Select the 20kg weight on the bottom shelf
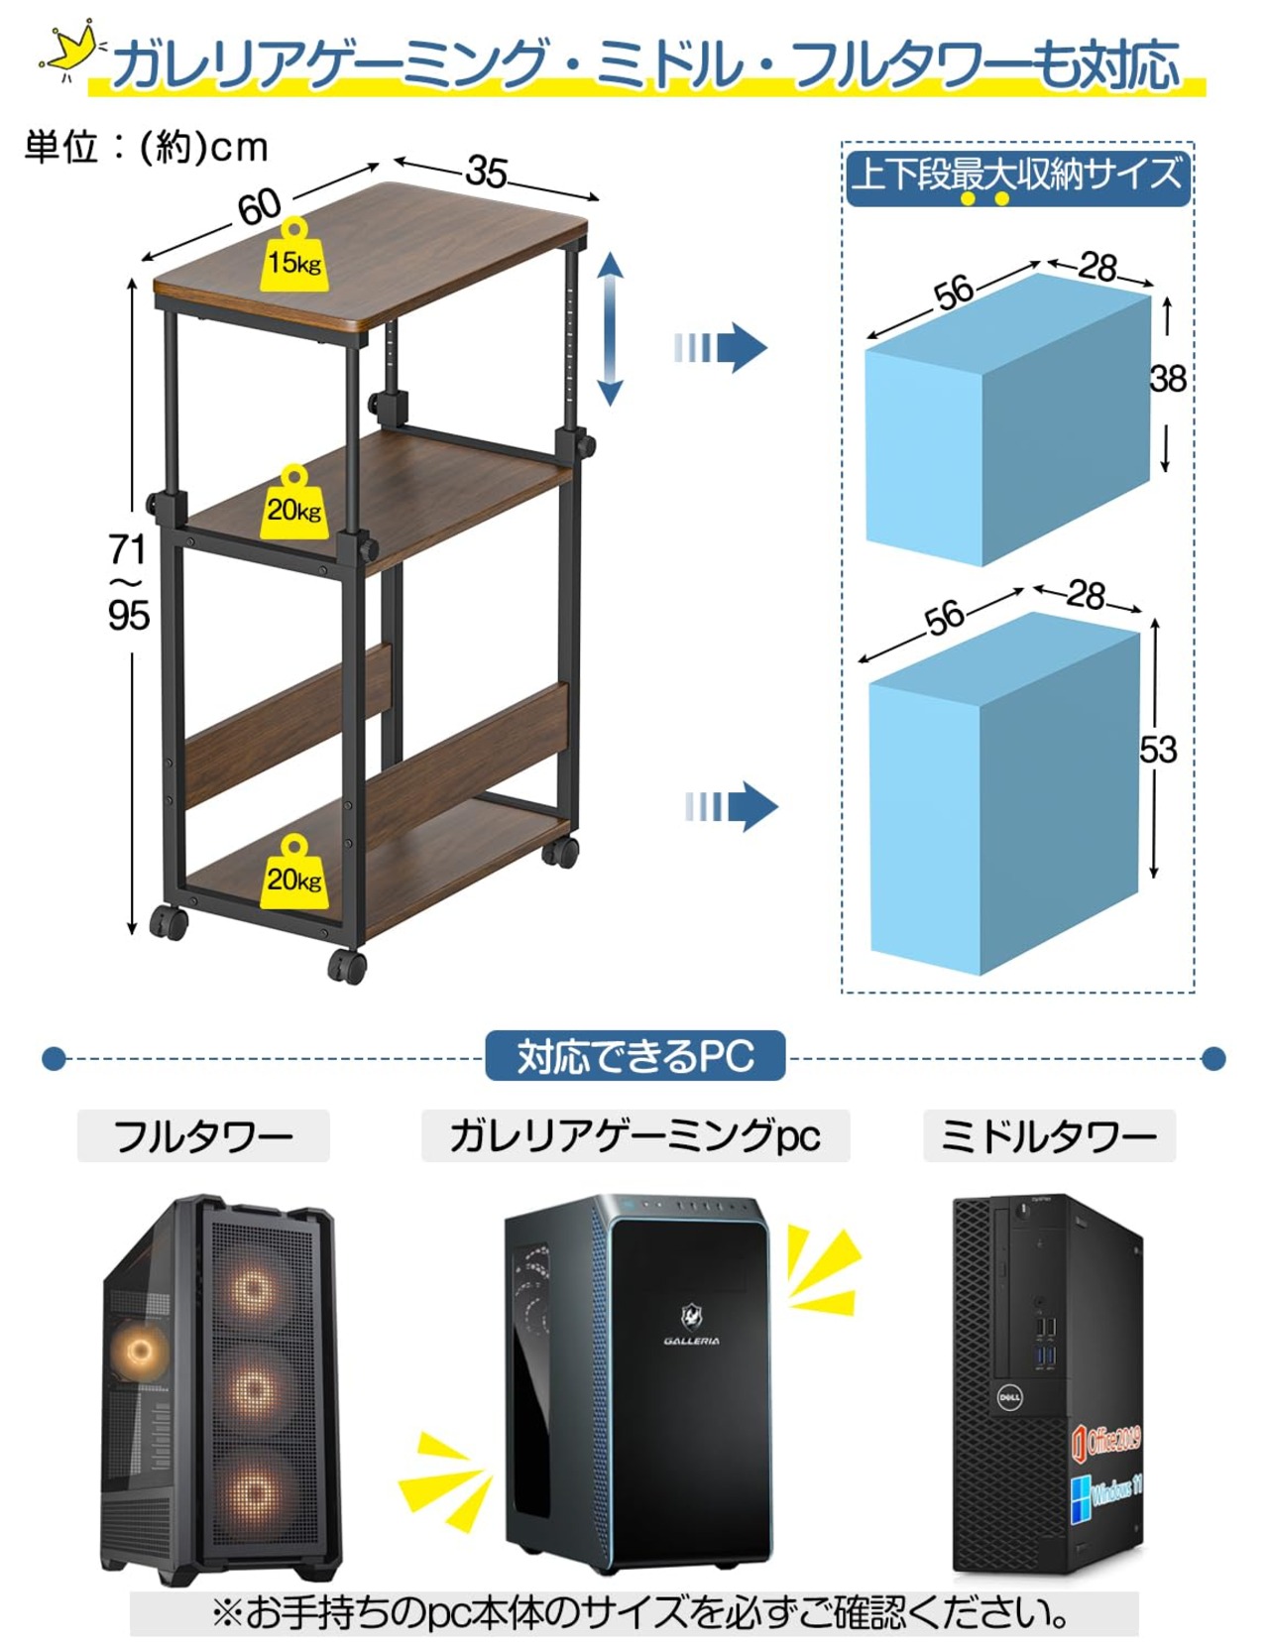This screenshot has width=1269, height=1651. [294, 872]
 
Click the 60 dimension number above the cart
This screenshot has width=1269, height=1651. [259, 207]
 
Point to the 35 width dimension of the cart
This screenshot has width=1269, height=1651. [487, 173]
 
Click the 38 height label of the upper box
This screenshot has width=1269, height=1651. [1168, 378]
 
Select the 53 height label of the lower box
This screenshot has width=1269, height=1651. [1158, 750]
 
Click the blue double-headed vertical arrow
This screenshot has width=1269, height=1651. [610, 328]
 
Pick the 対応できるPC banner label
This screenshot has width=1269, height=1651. [635, 1056]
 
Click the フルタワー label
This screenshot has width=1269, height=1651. [203, 1135]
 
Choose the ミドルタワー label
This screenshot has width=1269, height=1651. [1049, 1135]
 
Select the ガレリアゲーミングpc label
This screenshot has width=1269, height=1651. [635, 1135]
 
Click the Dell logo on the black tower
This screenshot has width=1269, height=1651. [1009, 1398]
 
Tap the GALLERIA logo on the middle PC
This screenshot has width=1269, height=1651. [692, 1326]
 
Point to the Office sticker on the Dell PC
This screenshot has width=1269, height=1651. [1106, 1441]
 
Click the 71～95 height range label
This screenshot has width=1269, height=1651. [129, 582]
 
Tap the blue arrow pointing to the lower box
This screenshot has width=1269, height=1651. [731, 806]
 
